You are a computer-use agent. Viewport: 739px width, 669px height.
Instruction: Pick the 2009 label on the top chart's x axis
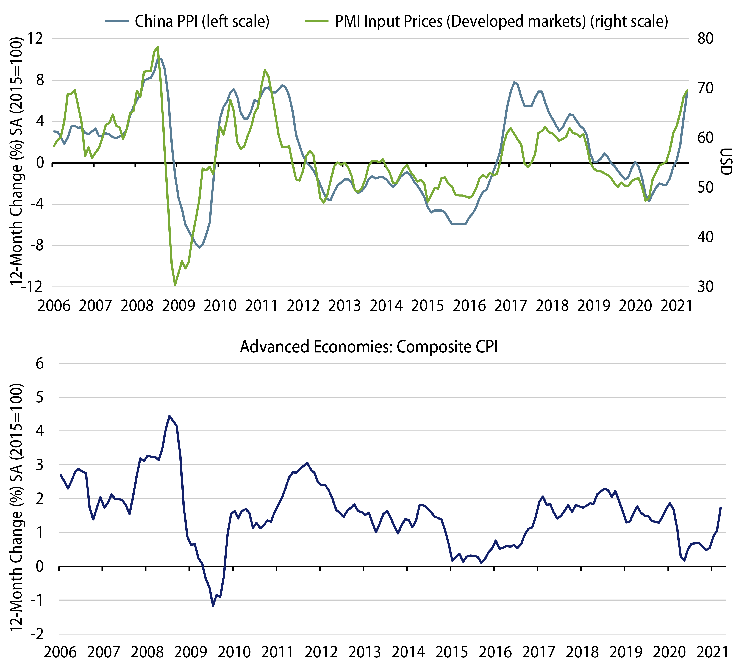click(179, 305)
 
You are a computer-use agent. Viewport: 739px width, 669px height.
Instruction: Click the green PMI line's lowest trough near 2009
click(175, 285)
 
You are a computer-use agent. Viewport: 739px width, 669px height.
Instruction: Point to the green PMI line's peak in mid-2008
click(158, 47)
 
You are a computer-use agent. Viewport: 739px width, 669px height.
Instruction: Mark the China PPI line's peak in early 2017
click(514, 82)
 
